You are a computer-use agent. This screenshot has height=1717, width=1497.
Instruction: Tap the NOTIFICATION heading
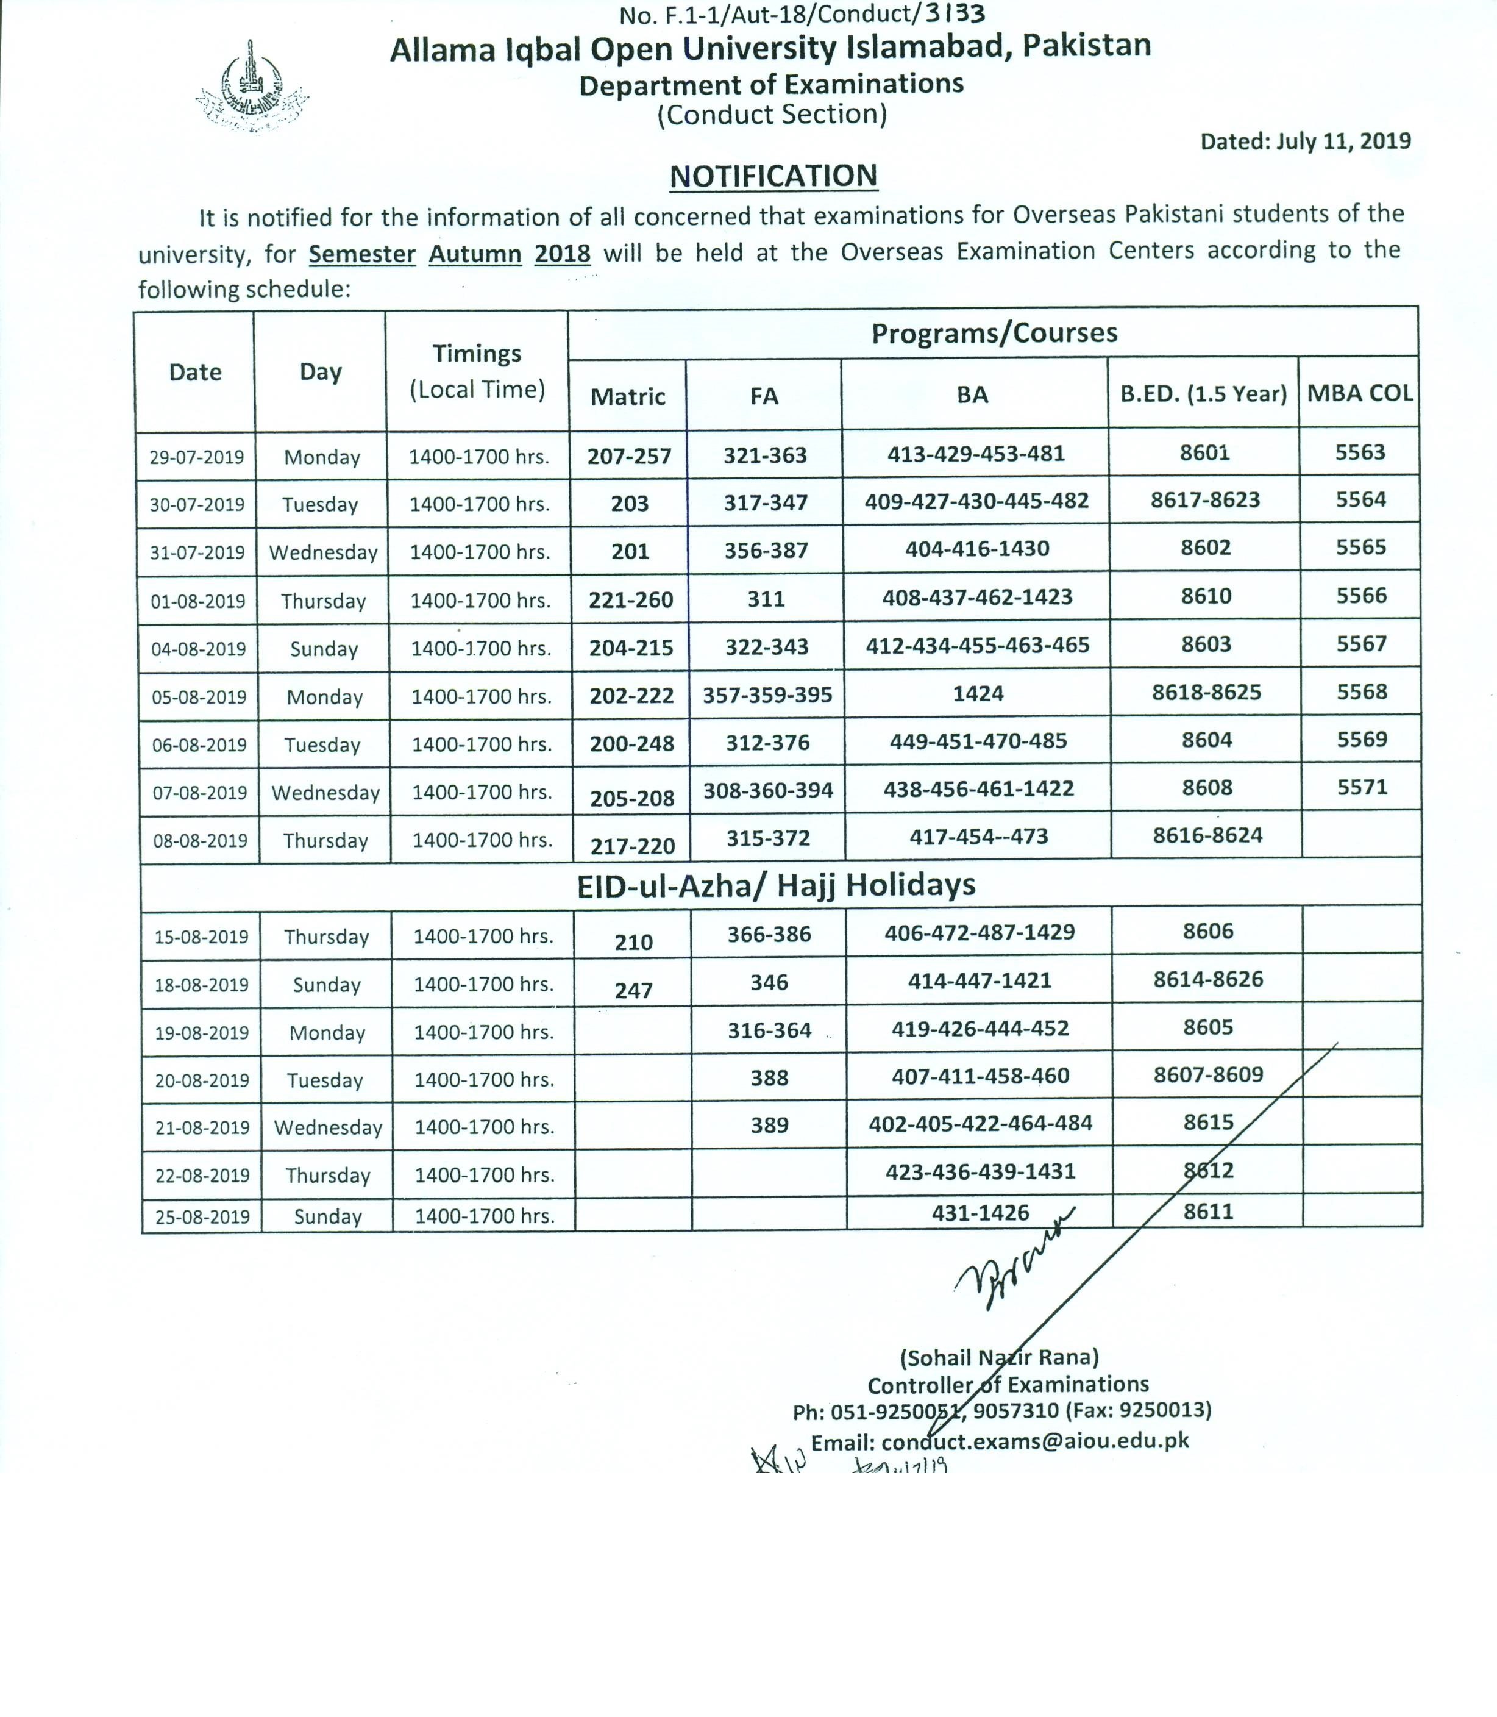773,176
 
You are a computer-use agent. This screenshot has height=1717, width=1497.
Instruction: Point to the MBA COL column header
1360,393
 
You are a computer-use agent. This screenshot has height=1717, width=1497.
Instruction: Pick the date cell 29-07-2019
197,457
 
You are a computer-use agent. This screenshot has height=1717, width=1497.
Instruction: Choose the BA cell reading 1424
978,693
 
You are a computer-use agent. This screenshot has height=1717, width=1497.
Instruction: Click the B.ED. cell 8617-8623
1204,501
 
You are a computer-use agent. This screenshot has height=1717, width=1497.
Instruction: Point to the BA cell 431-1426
980,1212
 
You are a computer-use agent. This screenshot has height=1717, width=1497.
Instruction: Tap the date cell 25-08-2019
202,1216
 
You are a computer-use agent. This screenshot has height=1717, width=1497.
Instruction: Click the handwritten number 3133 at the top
956,13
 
